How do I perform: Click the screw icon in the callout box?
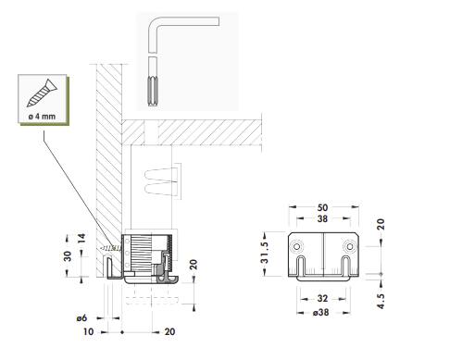42,93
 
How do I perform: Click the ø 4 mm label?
42,117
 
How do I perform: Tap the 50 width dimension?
322,207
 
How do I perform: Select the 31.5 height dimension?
265,253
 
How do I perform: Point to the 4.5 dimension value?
381,301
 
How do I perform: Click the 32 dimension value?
322,298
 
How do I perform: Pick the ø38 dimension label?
320,313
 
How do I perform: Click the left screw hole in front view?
297,246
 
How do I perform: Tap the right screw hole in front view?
350,246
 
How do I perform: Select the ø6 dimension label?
81,317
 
